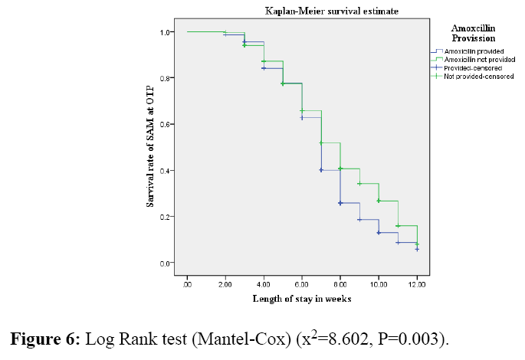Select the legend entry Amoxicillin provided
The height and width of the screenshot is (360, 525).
pyautogui.click(x=471, y=51)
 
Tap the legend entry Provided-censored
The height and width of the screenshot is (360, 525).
pyautogui.click(x=473, y=67)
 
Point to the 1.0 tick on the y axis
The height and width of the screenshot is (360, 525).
pyautogui.click(x=166, y=32)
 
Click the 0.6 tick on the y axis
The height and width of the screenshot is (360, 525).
pyautogui.click(x=166, y=124)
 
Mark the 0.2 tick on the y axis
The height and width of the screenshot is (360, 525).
pyautogui.click(x=166, y=217)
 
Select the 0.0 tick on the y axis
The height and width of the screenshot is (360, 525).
pyautogui.click(x=166, y=263)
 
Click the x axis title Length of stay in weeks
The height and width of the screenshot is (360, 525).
pyautogui.click(x=302, y=299)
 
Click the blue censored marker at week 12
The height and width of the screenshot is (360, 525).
pyautogui.click(x=417, y=249)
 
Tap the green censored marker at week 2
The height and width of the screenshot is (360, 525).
pyautogui.click(x=225, y=32)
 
